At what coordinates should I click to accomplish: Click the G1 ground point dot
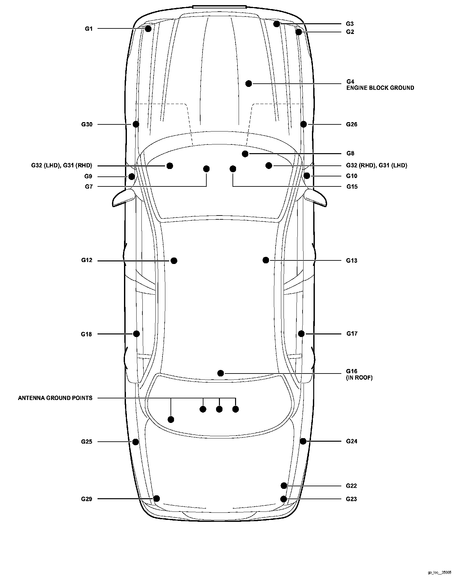(x=148, y=29)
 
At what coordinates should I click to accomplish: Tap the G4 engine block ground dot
(x=248, y=84)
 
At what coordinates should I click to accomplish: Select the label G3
(x=350, y=24)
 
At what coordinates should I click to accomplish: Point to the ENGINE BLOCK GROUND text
(x=380, y=88)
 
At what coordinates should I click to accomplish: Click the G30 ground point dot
(x=136, y=124)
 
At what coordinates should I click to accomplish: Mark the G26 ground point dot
(x=304, y=124)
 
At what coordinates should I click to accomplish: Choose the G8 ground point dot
(x=245, y=153)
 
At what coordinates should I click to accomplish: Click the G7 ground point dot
(x=206, y=169)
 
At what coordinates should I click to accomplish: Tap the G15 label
(x=352, y=187)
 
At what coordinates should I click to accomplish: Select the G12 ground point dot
(x=174, y=260)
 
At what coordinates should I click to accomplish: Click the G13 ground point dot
(x=266, y=260)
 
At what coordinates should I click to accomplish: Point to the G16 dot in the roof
(x=221, y=373)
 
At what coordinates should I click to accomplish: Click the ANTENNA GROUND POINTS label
(x=55, y=398)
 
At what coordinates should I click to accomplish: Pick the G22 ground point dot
(x=284, y=486)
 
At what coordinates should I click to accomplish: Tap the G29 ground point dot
(x=157, y=499)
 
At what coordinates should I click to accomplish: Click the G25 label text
(x=87, y=442)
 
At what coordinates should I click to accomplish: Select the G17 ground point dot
(x=301, y=333)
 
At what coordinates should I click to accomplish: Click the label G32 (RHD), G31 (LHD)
(x=377, y=165)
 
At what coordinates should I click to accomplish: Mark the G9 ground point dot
(x=131, y=176)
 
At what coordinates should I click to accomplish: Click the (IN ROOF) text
(x=359, y=377)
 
